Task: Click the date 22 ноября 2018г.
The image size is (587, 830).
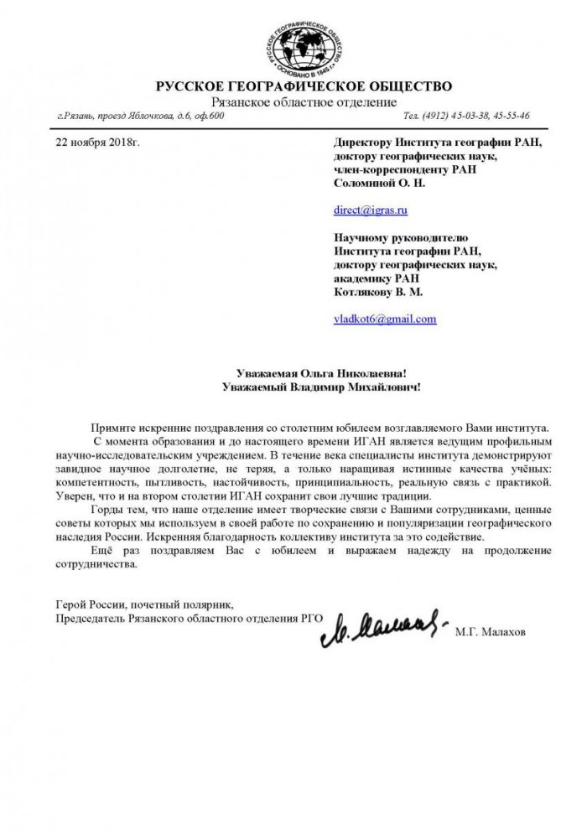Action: coord(97,143)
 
